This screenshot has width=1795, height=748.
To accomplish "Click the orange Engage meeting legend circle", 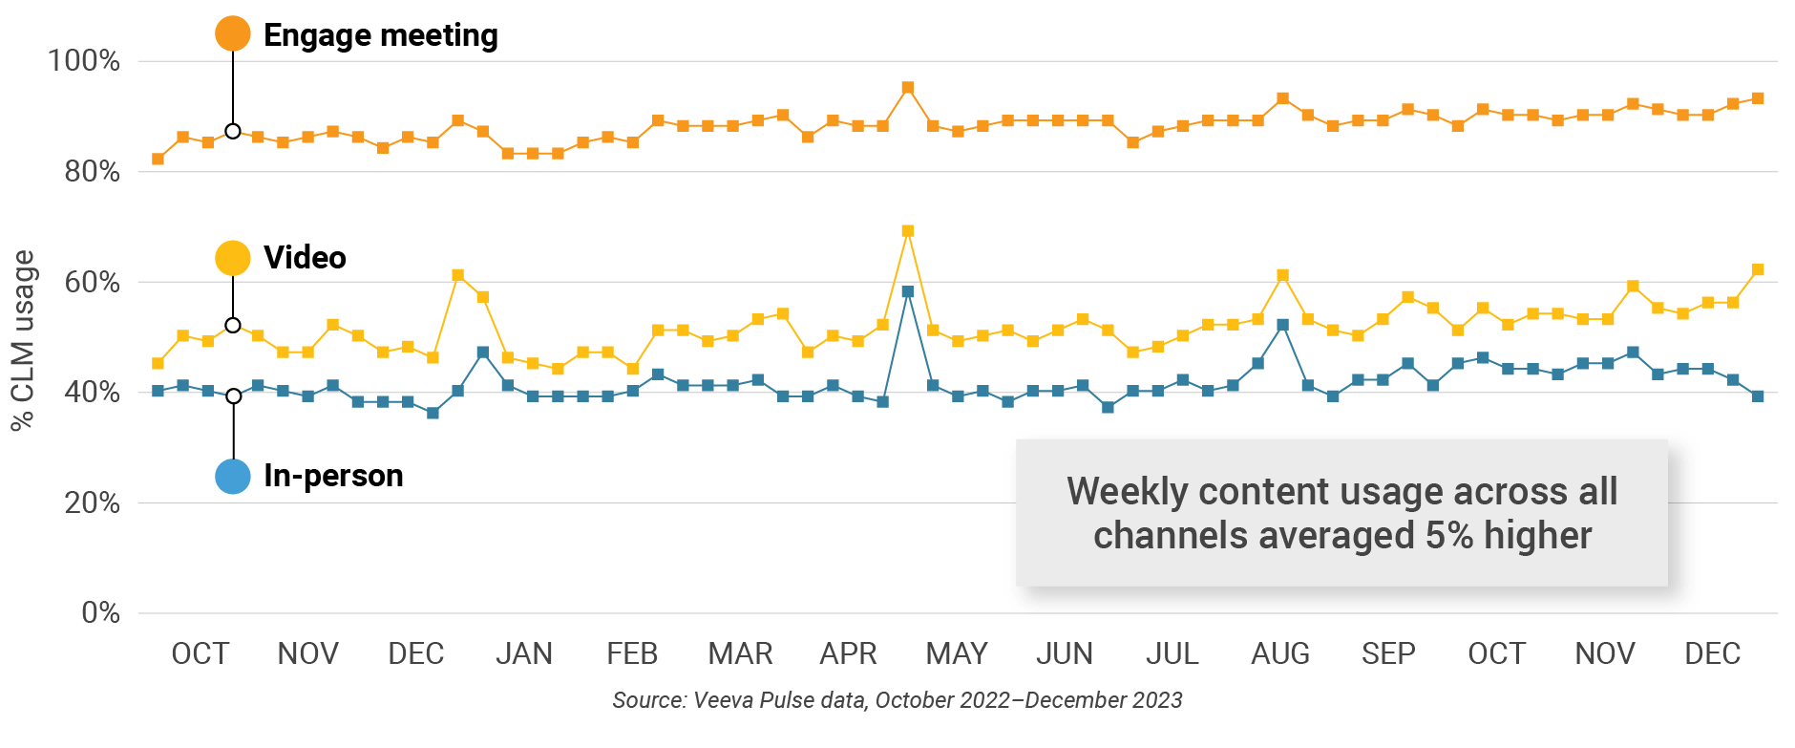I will tap(233, 33).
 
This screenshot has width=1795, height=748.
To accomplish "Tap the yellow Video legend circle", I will tap(233, 257).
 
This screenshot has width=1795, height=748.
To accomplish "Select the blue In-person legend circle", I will tap(233, 476).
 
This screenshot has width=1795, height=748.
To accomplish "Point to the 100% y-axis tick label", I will tap(84, 61).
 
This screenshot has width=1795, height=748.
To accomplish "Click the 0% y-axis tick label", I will tap(100, 612).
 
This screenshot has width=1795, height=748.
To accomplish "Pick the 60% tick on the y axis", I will tap(92, 282).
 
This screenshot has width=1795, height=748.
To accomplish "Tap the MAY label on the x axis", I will tap(957, 653).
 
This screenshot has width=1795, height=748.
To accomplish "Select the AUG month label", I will tap(1280, 653).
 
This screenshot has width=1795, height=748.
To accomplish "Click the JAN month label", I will tap(524, 653).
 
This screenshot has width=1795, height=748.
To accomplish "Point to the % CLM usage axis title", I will tap(23, 340).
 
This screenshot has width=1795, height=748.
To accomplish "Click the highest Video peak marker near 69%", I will tap(908, 231).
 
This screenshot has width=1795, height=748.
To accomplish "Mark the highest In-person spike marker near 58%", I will tap(908, 291).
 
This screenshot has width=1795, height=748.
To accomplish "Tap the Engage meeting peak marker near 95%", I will tap(908, 88).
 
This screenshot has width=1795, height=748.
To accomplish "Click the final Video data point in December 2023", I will tap(1758, 269).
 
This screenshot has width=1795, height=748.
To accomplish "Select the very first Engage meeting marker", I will tap(158, 159).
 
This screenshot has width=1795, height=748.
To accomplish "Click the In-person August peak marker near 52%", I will tap(1283, 325).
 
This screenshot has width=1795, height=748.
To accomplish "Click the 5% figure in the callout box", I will tap(1449, 536).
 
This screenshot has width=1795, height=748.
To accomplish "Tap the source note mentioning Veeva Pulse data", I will tap(897, 700).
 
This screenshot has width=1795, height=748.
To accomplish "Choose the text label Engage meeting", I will tap(381, 35).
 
